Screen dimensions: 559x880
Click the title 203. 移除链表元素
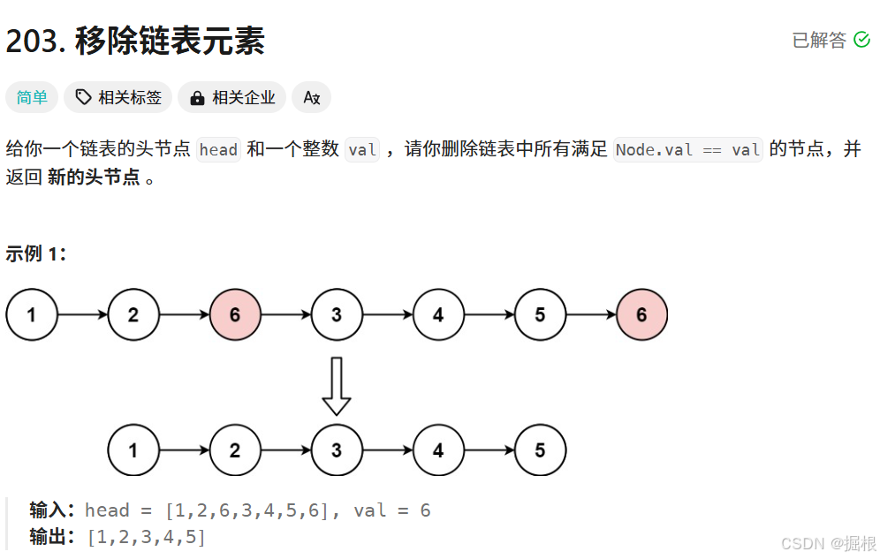(x=135, y=41)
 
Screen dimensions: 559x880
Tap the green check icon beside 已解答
(x=861, y=40)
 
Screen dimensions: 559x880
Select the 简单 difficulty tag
(x=32, y=97)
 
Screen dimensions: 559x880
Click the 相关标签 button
(x=118, y=97)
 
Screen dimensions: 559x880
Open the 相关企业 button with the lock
(x=232, y=97)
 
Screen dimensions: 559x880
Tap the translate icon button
(x=311, y=97)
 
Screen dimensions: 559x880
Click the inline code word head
(x=218, y=149)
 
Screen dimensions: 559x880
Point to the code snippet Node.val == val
(x=687, y=149)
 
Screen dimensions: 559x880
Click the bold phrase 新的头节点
(x=94, y=177)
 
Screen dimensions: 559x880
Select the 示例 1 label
(x=36, y=254)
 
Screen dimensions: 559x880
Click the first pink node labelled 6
(x=235, y=314)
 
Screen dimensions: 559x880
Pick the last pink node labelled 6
(x=641, y=314)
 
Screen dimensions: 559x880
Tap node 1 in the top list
(x=32, y=314)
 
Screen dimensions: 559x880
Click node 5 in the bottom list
(x=540, y=450)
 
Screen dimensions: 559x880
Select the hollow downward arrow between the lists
(x=337, y=386)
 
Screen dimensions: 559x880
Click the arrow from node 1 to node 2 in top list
(x=82, y=314)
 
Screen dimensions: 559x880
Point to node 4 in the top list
(x=438, y=314)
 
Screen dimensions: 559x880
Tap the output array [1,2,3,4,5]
(x=146, y=536)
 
